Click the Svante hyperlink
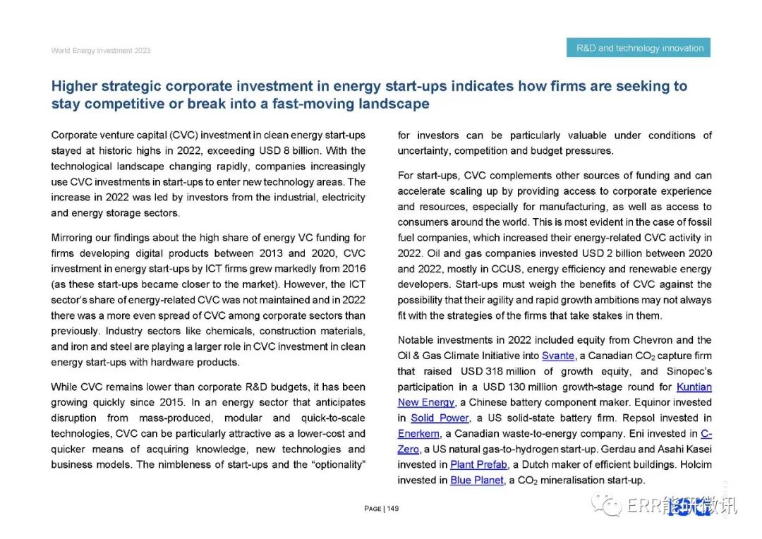[x=558, y=356]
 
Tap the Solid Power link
[x=440, y=418]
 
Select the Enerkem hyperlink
[x=418, y=433]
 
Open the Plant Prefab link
[x=478, y=464]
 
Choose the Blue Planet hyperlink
[x=477, y=480]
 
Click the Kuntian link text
[x=694, y=387]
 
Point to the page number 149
[x=393, y=509]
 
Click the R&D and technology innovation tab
[x=639, y=48]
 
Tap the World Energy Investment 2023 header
[x=100, y=51]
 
